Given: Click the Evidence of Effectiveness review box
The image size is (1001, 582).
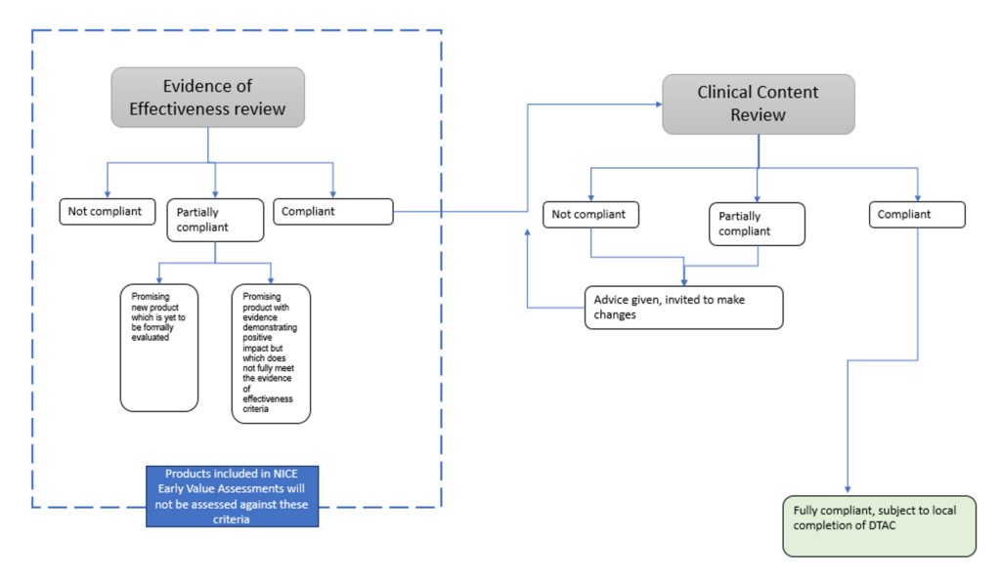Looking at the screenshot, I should coord(209,98).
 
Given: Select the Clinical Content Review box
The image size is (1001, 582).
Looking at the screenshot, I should coord(758,104).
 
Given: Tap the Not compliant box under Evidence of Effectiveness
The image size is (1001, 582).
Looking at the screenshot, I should coord(107,211).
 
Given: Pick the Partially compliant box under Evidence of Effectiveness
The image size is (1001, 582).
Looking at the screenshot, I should coord(215,220).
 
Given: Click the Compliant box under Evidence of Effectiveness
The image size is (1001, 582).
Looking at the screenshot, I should coord(332,211).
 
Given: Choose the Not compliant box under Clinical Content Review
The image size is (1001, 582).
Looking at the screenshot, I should coord(590,214).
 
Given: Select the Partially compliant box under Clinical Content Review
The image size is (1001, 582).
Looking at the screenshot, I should coord(757,224).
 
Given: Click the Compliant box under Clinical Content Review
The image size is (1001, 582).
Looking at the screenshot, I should coord(918,214).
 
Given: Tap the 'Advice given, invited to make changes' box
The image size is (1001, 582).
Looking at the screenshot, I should coord(683,308).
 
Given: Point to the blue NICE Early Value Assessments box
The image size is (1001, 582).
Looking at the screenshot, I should coord(233,496).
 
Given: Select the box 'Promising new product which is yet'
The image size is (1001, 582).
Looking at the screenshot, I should coord(158,348).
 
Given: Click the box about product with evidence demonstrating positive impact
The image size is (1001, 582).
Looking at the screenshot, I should coord(271,353).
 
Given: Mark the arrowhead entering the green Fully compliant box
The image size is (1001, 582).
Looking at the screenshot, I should coord(848,489).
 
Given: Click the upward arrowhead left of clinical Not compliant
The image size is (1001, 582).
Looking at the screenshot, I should coord(528,233).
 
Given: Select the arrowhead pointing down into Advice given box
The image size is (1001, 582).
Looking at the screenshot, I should coord(683,281).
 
